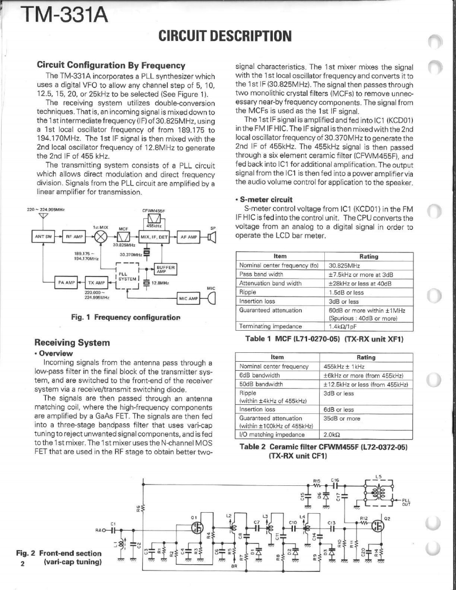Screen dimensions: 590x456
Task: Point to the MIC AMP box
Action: pos(189,299)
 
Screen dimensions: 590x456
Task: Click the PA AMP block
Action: pos(65,282)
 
